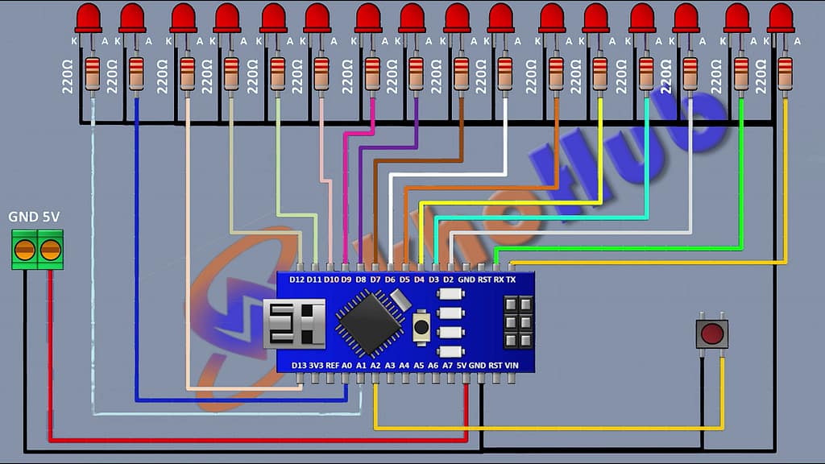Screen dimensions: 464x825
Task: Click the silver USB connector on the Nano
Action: (294, 323)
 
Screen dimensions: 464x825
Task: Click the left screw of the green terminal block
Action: (25, 250)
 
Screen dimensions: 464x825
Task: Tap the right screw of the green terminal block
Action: (50, 250)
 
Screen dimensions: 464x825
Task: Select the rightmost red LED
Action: (781, 18)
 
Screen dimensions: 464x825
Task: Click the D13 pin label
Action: (299, 365)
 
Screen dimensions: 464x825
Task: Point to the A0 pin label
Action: (347, 365)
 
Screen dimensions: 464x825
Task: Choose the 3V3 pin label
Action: (316, 365)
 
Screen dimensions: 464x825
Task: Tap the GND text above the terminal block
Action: (22, 217)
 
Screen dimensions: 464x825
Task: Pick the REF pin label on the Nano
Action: (332, 365)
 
